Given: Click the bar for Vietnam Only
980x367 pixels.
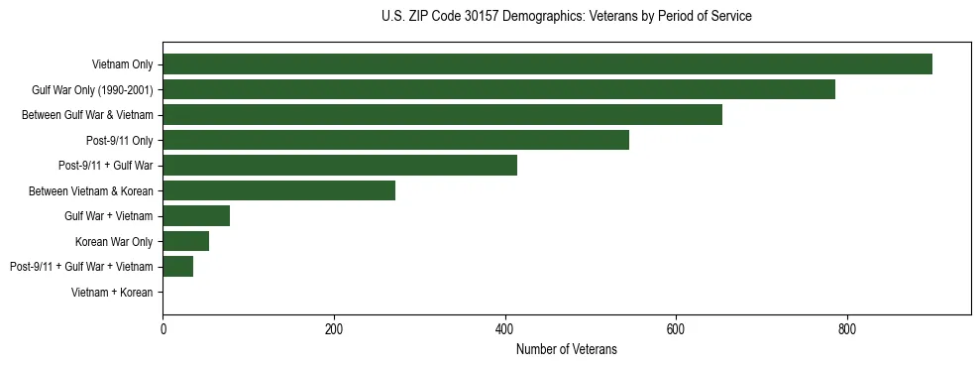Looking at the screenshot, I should pos(547,64).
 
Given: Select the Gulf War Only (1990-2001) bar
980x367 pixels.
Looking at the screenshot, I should pos(498,89).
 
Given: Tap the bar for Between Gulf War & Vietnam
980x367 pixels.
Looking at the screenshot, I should pos(442,115).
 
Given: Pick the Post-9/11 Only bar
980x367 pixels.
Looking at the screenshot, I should pos(395,140).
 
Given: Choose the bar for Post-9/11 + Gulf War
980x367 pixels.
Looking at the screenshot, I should pos(340,166).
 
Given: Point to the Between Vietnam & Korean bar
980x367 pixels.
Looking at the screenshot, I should pos(278,190).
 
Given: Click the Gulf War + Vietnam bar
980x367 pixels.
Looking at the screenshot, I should pos(196,215).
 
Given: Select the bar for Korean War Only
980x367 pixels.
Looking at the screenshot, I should pos(185,241).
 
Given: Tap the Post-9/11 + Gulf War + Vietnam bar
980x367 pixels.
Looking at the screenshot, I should pos(177,266).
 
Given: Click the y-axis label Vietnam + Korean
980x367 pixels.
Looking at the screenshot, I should pos(112,292).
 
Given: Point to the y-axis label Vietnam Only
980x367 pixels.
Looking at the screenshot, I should pos(122,64).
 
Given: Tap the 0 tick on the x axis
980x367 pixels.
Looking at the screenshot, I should pos(163,329).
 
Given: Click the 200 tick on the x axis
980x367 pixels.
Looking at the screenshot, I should pos(334,329).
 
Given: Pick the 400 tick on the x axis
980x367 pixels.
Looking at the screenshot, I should pos(505,329).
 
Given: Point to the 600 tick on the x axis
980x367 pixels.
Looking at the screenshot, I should pos(676,329).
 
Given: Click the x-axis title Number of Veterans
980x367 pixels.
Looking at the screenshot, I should pos(566,349).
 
